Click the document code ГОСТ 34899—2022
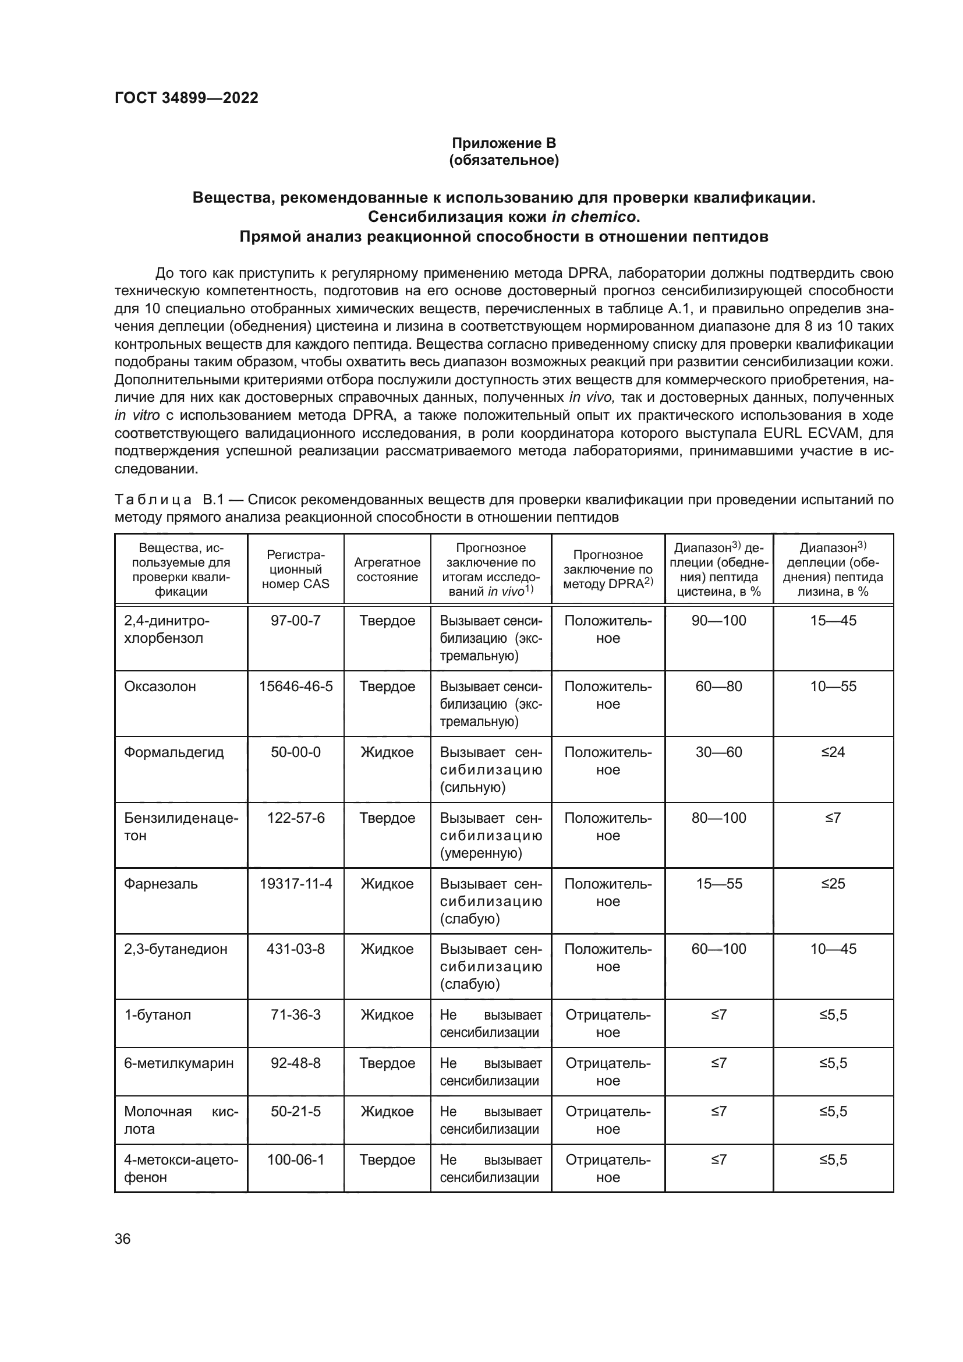(x=186, y=98)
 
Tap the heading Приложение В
(x=504, y=143)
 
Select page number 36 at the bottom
(x=123, y=1239)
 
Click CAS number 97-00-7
(x=295, y=621)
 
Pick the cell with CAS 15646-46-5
(x=295, y=687)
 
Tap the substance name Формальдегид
(x=174, y=752)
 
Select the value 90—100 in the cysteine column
(x=718, y=621)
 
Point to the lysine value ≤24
(x=833, y=752)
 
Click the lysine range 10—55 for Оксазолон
(x=833, y=687)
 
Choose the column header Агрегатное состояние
(x=387, y=569)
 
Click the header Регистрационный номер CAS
(x=295, y=569)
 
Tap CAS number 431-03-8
(x=295, y=949)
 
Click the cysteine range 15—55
(x=718, y=884)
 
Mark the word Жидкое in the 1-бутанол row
(x=387, y=1015)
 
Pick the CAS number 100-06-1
(x=295, y=1160)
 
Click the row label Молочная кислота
(x=180, y=1120)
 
